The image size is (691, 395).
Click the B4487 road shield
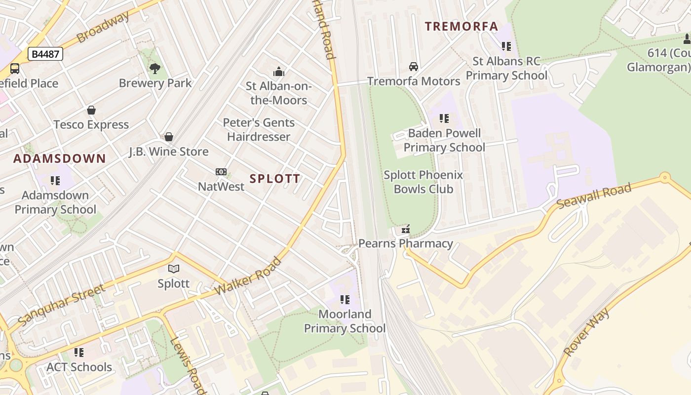(x=45, y=54)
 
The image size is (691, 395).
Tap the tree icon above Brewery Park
(x=155, y=68)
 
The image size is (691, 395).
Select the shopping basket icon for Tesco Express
(x=91, y=110)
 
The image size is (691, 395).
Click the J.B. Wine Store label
(x=169, y=151)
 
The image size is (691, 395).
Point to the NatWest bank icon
(x=221, y=172)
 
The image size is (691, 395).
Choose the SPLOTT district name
(x=275, y=179)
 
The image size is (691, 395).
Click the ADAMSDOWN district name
(x=59, y=158)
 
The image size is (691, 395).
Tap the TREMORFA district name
(x=461, y=27)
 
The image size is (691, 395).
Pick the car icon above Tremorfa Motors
(x=414, y=67)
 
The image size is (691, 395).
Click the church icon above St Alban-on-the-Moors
(x=279, y=72)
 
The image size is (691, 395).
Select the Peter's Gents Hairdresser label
(x=259, y=129)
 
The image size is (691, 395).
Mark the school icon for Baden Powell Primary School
(x=444, y=118)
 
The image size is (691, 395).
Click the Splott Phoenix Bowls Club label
(x=423, y=182)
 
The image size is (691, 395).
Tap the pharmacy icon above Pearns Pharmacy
(x=406, y=229)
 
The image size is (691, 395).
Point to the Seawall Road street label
(x=594, y=196)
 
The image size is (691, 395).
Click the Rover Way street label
(x=586, y=332)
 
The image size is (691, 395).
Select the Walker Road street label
(x=248, y=276)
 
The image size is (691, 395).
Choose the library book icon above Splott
(x=173, y=269)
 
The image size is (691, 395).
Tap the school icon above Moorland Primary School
(x=345, y=299)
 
